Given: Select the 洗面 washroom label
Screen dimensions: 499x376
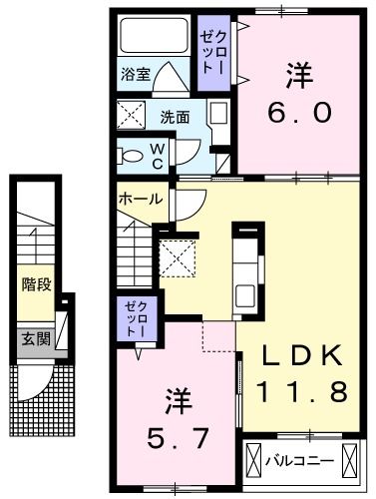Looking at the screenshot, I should tap(176, 116).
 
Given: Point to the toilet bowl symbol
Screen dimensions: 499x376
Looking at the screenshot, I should tap(129, 156).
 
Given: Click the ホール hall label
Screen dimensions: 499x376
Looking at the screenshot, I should tap(140, 199).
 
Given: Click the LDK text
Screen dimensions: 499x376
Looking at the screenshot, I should tap(301, 356).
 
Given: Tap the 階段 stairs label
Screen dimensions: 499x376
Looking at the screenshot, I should tap(36, 285).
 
